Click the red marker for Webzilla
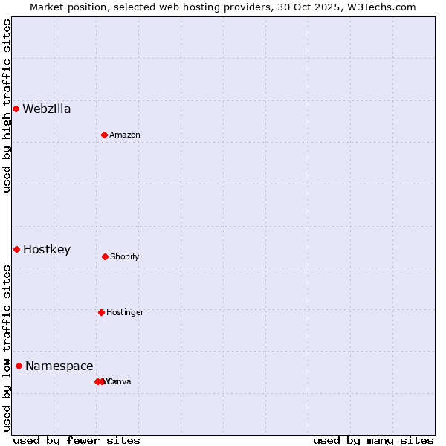click(16, 109)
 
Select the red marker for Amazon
click(104, 135)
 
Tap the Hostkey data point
click(16, 249)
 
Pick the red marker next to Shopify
click(105, 256)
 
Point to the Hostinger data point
click(101, 312)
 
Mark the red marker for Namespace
click(19, 366)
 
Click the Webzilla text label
click(47, 109)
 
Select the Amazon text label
click(125, 135)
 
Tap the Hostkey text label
click(47, 250)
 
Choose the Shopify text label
click(125, 256)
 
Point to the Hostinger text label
click(125, 312)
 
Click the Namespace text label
click(59, 366)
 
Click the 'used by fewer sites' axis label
click(77, 440)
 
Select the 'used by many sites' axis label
click(373, 440)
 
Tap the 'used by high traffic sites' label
click(7, 106)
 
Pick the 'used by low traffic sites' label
click(7, 348)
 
